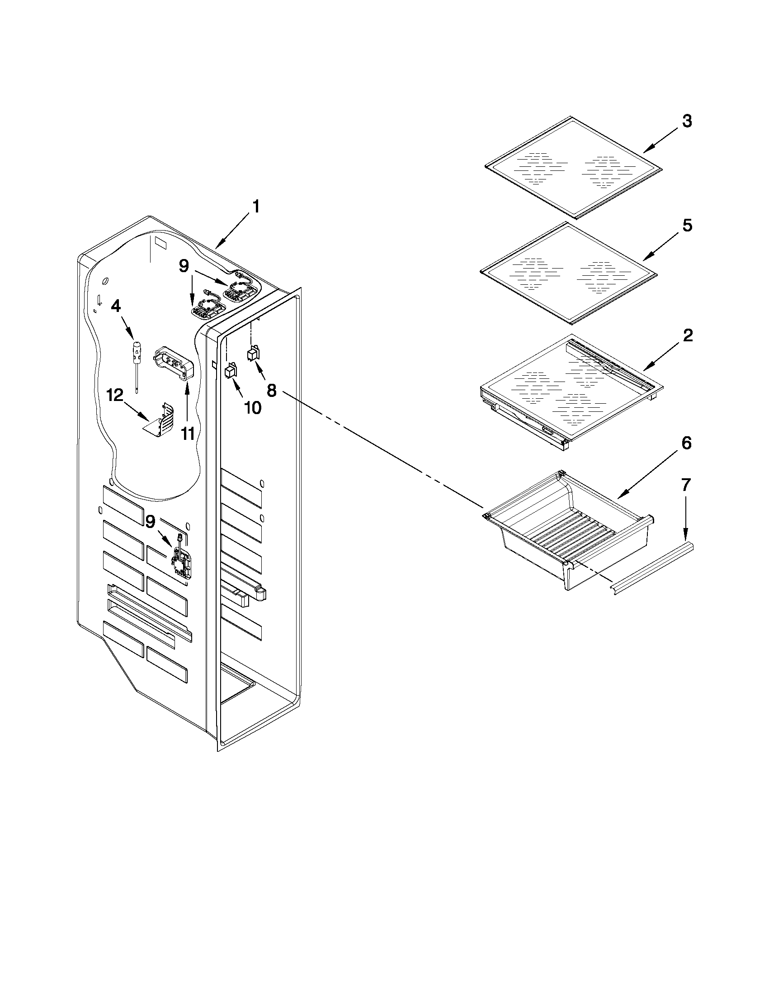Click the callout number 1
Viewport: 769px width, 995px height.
pos(256,207)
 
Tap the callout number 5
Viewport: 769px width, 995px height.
pos(687,225)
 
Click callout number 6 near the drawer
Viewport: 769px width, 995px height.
pos(686,443)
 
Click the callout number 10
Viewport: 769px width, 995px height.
pos(252,408)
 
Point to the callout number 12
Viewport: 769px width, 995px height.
pos(115,396)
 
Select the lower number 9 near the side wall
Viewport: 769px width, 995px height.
pos(151,521)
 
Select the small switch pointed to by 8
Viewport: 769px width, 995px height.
pos(252,354)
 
